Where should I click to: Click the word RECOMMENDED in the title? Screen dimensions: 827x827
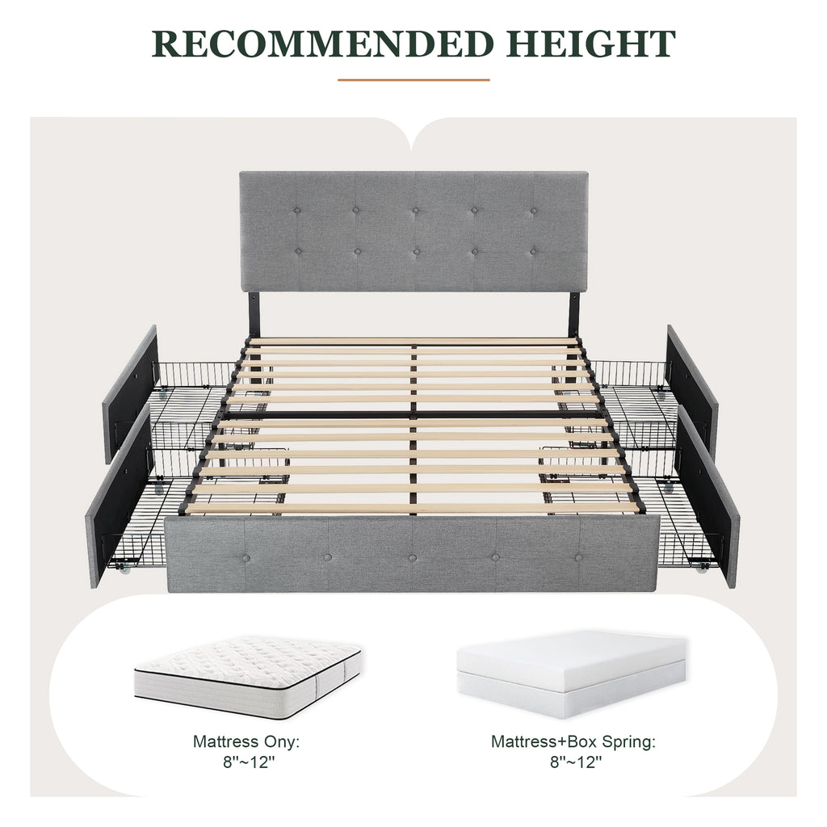(319, 43)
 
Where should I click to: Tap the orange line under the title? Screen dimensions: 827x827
(413, 80)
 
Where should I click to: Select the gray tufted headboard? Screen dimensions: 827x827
(413, 231)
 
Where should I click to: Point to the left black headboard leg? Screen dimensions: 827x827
(254, 315)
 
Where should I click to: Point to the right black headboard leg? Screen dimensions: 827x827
(574, 315)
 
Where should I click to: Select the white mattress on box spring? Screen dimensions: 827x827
(572, 672)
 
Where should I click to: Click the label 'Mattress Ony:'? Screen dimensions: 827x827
(251, 741)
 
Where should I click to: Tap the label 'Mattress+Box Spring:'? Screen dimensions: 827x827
(573, 741)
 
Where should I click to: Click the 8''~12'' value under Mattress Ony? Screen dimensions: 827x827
(251, 761)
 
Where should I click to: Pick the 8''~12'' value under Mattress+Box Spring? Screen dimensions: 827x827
(573, 761)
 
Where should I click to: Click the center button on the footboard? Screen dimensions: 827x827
(412, 558)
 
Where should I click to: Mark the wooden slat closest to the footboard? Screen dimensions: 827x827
(412, 509)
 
